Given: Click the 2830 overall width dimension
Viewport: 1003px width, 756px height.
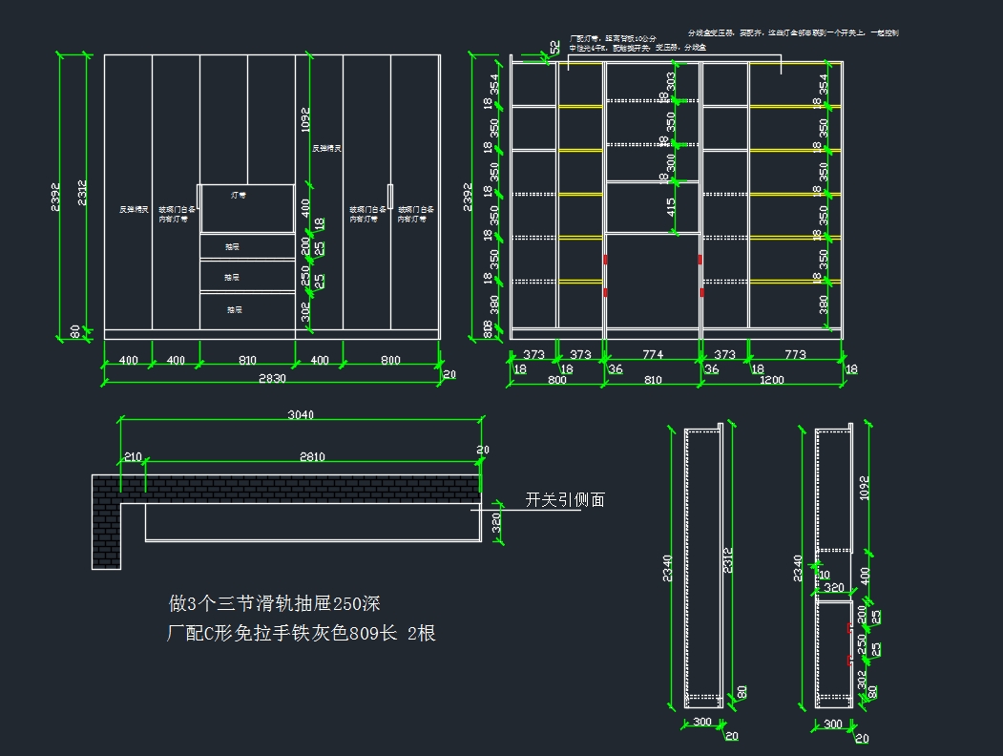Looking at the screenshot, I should [x=271, y=379].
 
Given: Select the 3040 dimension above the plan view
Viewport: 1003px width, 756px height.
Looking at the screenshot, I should [x=301, y=414].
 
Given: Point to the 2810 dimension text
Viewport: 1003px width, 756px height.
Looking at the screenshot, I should [x=310, y=456].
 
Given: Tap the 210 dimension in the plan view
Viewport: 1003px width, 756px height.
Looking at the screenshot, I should [x=133, y=456].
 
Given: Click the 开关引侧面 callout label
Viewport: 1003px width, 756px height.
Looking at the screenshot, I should [x=564, y=499].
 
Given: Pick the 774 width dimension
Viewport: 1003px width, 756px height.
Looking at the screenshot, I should [x=652, y=354].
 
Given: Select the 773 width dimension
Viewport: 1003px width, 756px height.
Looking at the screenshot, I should [x=794, y=354].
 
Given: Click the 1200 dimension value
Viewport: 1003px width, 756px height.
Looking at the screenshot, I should [x=771, y=380].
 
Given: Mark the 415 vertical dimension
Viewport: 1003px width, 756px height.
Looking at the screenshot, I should [x=672, y=206].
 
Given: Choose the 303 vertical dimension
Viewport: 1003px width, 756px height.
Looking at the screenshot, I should [x=672, y=81].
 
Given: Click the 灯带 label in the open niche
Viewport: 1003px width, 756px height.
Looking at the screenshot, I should [x=239, y=195].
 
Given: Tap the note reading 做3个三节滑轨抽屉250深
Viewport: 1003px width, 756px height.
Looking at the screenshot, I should [x=275, y=603].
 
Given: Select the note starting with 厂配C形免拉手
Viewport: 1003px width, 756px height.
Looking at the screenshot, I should [x=302, y=632].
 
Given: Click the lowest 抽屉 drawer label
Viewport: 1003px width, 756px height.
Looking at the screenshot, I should [x=235, y=309].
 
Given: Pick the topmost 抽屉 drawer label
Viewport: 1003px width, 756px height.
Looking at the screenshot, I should [x=233, y=246].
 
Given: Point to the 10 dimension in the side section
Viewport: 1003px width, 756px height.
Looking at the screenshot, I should [x=825, y=575].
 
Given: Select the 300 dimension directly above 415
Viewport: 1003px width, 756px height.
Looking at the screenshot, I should [x=672, y=162].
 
